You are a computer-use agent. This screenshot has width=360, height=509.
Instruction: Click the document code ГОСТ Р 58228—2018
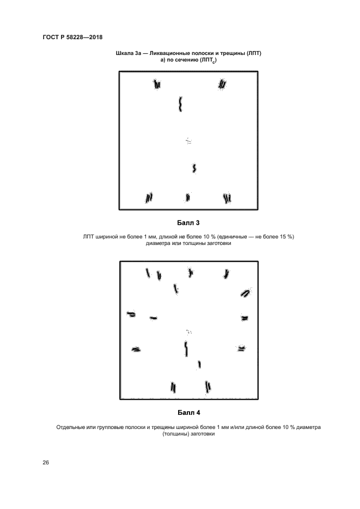(72, 37)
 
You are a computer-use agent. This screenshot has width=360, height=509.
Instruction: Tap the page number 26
(46, 463)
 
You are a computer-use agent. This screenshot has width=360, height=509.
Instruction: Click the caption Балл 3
(188, 222)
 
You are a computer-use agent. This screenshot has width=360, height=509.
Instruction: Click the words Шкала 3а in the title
(129, 53)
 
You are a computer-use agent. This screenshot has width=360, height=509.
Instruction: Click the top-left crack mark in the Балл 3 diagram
(157, 84)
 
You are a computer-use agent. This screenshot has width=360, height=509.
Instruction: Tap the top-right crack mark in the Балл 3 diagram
(222, 84)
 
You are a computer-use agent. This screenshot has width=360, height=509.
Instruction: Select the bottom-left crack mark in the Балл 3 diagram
(149, 198)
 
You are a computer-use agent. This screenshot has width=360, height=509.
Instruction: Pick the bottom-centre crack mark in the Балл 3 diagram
(188, 198)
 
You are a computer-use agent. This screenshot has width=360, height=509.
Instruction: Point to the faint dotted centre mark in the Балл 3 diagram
(188, 141)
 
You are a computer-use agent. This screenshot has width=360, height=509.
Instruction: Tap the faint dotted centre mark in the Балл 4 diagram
(189, 330)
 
